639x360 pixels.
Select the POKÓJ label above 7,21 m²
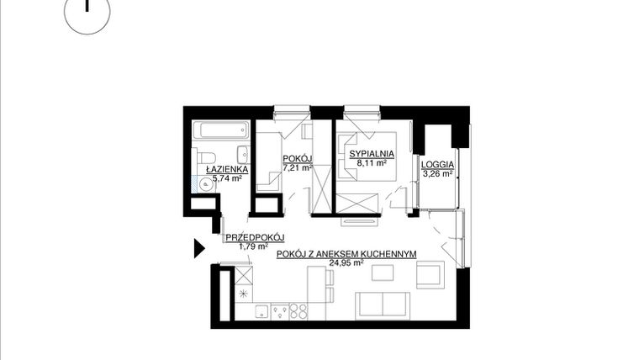[x=298, y=158]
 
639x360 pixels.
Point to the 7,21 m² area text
[x=298, y=167]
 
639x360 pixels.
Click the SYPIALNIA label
[x=372, y=154]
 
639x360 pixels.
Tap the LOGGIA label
[x=438, y=165]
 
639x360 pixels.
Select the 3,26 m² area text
[x=438, y=174]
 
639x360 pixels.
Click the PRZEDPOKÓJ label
[x=256, y=238]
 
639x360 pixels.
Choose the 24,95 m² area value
[x=347, y=262]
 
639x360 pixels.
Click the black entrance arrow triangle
[x=199, y=248]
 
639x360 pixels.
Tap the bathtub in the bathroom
[x=220, y=131]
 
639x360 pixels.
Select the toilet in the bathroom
[x=205, y=160]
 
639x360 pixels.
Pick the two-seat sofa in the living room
[x=383, y=304]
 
